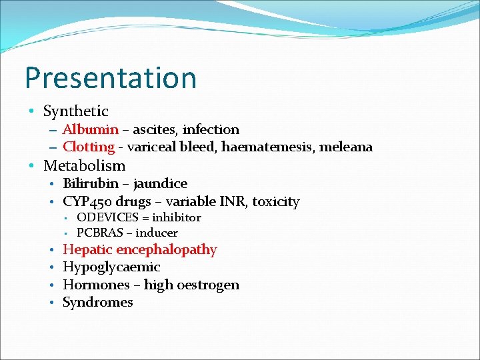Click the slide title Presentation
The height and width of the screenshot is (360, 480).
coord(111,78)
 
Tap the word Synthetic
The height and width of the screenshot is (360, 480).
coord(75,111)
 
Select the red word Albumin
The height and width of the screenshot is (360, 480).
coord(91,129)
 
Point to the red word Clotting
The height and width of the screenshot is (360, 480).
coord(89,147)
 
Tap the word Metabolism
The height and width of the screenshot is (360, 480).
coord(84,165)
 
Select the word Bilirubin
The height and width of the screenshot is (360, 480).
coord(91,183)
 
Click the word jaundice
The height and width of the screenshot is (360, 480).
coord(160,183)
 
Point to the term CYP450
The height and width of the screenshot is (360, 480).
coord(88,201)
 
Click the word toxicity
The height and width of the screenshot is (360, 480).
coord(278,201)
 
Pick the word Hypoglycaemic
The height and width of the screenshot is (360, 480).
coord(111,267)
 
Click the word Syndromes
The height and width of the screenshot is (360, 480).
coord(97,303)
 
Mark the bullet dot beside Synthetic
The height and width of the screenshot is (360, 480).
coord(32,111)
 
